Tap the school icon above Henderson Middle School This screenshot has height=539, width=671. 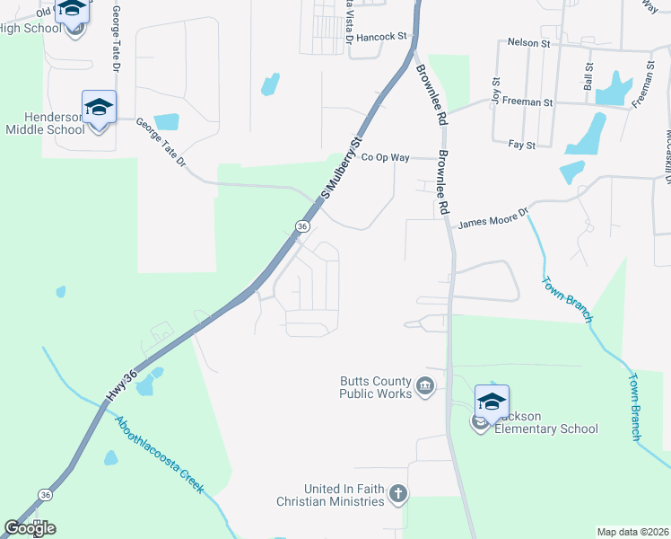[99, 108]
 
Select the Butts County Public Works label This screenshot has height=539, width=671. [374, 387]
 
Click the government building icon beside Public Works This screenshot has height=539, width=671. [425, 388]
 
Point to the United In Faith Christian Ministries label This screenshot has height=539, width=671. [344, 495]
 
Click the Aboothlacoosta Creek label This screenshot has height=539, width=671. [158, 454]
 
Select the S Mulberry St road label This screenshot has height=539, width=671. [341, 168]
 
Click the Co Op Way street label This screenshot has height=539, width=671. [385, 157]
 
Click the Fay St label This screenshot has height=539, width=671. [521, 144]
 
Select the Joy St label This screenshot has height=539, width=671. [494, 93]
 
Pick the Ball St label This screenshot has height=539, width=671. [588, 77]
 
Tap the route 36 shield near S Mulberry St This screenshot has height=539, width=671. [302, 227]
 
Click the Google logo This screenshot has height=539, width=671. [30, 528]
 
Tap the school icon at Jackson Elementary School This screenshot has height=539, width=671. [492, 402]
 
